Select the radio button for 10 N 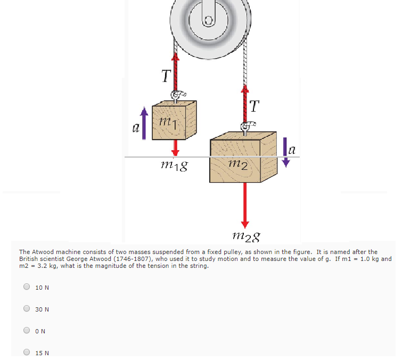click(x=27, y=287)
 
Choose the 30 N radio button click(x=27, y=309)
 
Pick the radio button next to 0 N click(x=27, y=331)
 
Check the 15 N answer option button click(x=27, y=352)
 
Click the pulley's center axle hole click(x=209, y=21)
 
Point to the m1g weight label click(x=174, y=165)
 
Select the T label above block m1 click(x=166, y=77)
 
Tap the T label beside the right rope click(x=255, y=107)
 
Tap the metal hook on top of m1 click(x=176, y=96)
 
